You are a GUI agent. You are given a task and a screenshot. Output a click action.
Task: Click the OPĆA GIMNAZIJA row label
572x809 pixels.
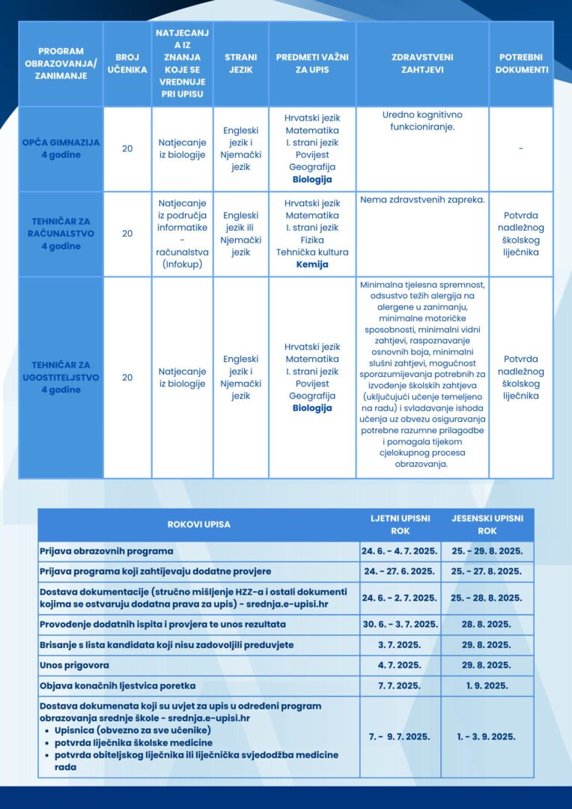point(61,148)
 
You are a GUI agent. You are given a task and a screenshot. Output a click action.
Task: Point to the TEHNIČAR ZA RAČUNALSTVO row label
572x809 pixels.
point(61,233)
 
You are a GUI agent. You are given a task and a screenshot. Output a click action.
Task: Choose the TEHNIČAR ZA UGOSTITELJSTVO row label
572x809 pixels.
point(61,378)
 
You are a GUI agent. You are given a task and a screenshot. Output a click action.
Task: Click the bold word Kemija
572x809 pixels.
point(312,264)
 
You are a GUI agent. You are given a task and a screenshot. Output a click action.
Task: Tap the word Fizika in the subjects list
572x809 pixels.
point(312,240)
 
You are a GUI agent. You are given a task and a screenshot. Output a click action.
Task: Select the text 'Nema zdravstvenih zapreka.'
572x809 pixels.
point(422,200)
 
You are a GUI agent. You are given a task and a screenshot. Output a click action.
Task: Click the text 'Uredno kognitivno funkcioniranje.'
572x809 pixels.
point(422,121)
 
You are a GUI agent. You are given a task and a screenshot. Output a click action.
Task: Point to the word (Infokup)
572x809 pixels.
point(182,264)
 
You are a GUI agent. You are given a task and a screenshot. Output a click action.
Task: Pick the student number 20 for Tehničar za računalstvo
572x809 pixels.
point(127,233)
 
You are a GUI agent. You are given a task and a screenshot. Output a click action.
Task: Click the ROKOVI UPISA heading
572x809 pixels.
point(198,524)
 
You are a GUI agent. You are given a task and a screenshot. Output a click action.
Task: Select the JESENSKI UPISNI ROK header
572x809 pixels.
point(487,524)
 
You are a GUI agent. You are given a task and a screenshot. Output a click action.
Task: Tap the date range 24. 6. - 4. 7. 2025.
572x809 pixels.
point(400,551)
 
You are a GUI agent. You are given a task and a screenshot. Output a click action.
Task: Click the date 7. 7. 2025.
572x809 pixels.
point(400,685)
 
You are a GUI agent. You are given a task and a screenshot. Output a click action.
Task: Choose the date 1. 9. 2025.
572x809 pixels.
point(487,685)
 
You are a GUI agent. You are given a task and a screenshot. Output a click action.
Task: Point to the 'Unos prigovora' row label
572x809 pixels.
point(74,664)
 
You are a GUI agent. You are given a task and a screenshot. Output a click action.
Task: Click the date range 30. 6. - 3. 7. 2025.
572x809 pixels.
point(400,624)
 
